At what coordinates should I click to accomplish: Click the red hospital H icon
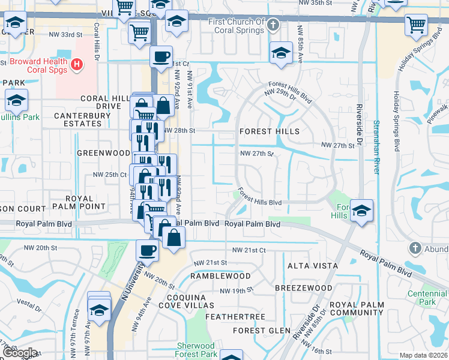77,64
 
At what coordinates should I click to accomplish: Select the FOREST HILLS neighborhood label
269,131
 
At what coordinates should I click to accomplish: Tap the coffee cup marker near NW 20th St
146,250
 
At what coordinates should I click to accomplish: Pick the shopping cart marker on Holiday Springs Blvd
416,25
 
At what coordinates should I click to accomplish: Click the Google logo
20,352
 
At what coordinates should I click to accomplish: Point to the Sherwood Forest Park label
196,350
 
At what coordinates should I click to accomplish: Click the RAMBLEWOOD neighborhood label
220,276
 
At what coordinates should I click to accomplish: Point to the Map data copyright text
423,355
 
